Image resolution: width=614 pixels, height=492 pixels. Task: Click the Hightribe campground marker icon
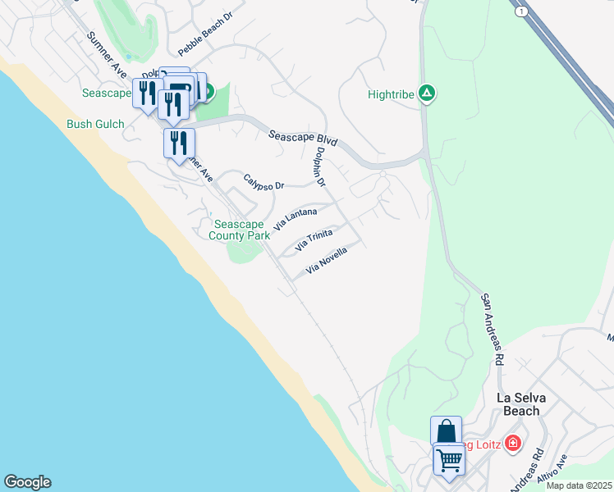click(x=426, y=93)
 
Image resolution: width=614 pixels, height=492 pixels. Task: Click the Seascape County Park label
click(x=239, y=230)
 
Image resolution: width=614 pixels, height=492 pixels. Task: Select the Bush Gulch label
click(x=95, y=125)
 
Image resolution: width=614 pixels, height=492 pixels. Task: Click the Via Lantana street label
click(x=296, y=217)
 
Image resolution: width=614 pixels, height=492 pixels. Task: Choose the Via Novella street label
click(x=327, y=262)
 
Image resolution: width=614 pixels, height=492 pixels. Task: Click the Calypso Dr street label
click(x=263, y=181)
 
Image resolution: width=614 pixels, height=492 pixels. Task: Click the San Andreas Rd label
click(x=493, y=330)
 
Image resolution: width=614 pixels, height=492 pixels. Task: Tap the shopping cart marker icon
click(x=449, y=460)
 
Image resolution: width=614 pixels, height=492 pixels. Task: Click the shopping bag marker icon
click(x=446, y=431)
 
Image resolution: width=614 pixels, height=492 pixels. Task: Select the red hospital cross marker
click(x=513, y=444)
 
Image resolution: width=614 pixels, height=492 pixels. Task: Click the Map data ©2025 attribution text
click(x=579, y=485)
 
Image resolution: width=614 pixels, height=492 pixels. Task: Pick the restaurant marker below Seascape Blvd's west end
click(x=179, y=143)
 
